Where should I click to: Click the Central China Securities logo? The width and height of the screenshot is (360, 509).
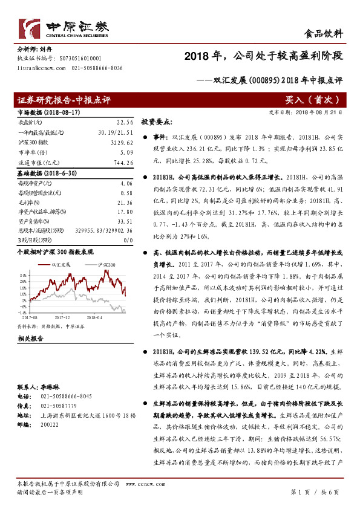64,29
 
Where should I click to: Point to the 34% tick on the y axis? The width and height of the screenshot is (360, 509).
23,274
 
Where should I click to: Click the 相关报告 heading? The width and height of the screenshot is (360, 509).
30,339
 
